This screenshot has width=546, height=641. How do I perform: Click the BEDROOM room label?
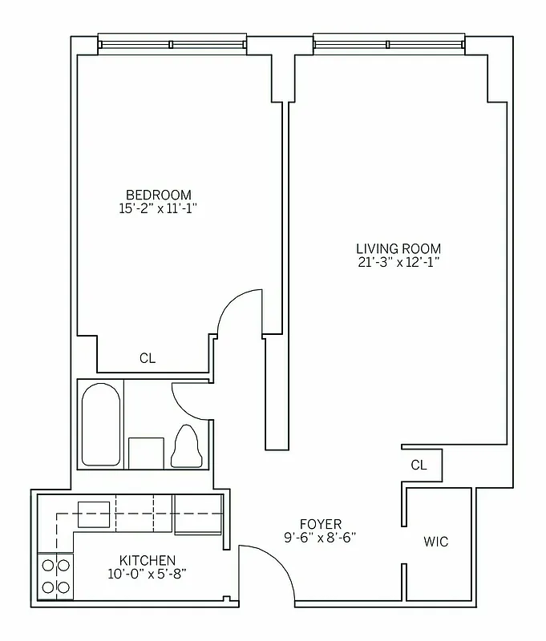(159, 195)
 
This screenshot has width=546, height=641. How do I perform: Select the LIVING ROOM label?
(398, 248)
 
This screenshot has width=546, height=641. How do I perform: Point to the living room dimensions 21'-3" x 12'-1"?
(398, 262)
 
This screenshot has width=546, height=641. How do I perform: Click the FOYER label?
(320, 525)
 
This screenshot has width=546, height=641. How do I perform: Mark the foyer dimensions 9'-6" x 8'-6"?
(320, 538)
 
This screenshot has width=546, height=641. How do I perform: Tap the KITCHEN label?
(148, 560)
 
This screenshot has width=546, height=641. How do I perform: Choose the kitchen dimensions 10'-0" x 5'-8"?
(148, 573)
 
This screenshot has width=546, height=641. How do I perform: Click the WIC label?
(436, 542)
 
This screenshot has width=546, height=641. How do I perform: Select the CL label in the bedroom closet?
(148, 359)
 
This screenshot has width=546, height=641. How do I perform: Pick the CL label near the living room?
(419, 465)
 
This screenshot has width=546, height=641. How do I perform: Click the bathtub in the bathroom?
(101, 425)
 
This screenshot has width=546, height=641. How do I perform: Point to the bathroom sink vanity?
(146, 453)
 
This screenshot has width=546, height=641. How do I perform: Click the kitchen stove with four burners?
(55, 575)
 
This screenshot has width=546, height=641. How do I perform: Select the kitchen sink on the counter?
(93, 514)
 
